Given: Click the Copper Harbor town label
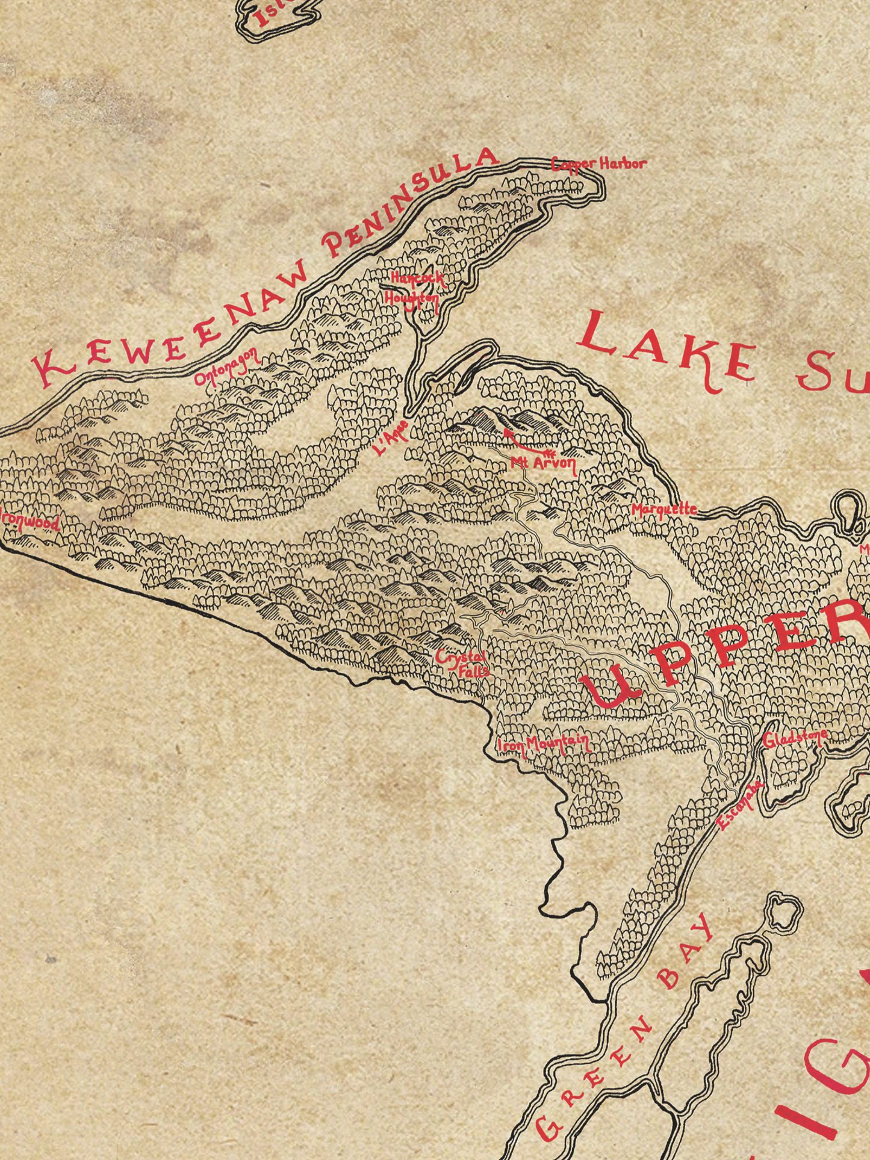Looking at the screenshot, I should [599, 163].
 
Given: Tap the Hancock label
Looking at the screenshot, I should [417, 278].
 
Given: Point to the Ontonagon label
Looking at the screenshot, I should [228, 366].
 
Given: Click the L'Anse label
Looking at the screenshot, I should [391, 439].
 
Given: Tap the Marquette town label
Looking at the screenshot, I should [664, 509].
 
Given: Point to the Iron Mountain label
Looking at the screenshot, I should [543, 744].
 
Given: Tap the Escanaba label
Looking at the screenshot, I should [741, 804].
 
